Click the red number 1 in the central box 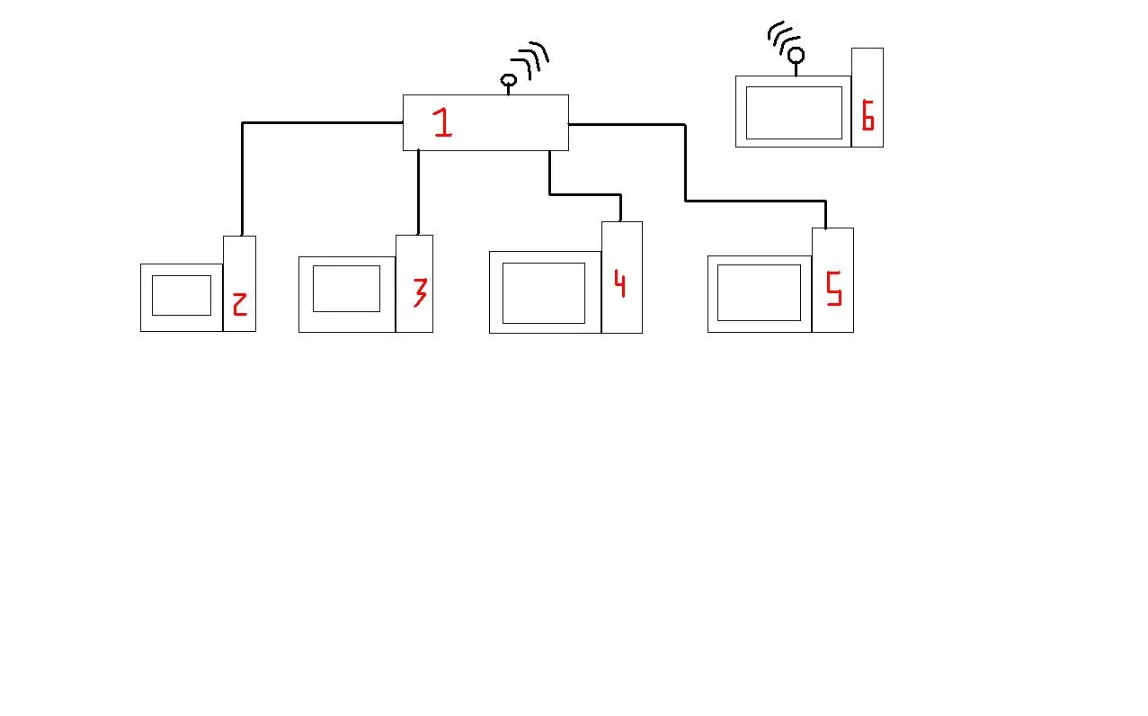[441, 122]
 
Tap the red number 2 [239, 304]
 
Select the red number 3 [419, 291]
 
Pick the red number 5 [833, 288]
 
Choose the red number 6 [868, 115]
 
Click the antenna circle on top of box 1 [508, 81]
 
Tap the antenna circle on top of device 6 [796, 55]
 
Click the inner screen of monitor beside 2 [182, 295]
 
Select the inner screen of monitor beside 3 [346, 289]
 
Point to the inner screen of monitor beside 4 [544, 292]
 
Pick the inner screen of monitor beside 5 [759, 292]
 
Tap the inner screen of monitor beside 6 [794, 112]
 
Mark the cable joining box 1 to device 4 [584, 193]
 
